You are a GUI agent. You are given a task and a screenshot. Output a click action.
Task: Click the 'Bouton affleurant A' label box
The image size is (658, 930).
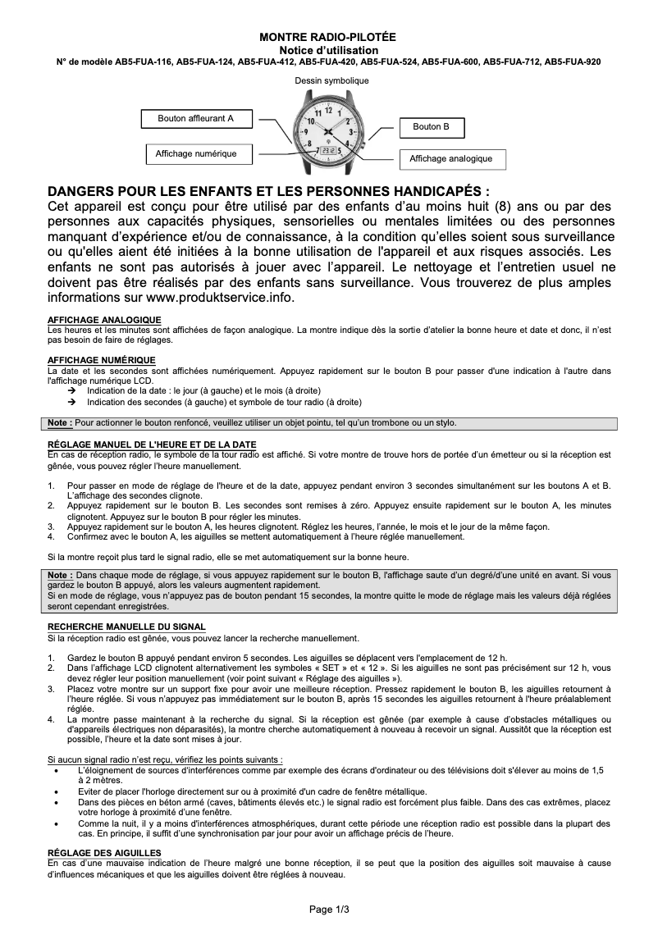coord(195,119)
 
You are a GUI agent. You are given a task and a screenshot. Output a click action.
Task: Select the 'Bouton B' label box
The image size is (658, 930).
coord(431,127)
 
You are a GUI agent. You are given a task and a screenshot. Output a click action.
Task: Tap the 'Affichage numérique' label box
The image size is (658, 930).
coord(196,154)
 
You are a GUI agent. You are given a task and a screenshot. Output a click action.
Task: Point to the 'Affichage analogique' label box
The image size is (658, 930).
coord(450,158)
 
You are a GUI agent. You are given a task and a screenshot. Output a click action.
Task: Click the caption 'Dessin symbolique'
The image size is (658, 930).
coord(331,81)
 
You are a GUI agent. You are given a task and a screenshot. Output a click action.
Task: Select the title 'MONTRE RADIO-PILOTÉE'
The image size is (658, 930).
coord(327,39)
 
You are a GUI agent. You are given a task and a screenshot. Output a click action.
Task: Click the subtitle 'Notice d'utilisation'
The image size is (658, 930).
coord(327,50)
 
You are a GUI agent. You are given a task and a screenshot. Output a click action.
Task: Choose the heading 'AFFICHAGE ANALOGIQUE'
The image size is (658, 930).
coord(104,320)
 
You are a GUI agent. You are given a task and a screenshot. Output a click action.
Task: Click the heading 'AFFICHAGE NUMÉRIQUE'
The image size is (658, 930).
coord(102,360)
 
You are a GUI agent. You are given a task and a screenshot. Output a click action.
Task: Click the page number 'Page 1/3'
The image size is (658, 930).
coord(329,909)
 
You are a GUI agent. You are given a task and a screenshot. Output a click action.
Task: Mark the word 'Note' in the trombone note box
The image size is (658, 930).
coord(57,423)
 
